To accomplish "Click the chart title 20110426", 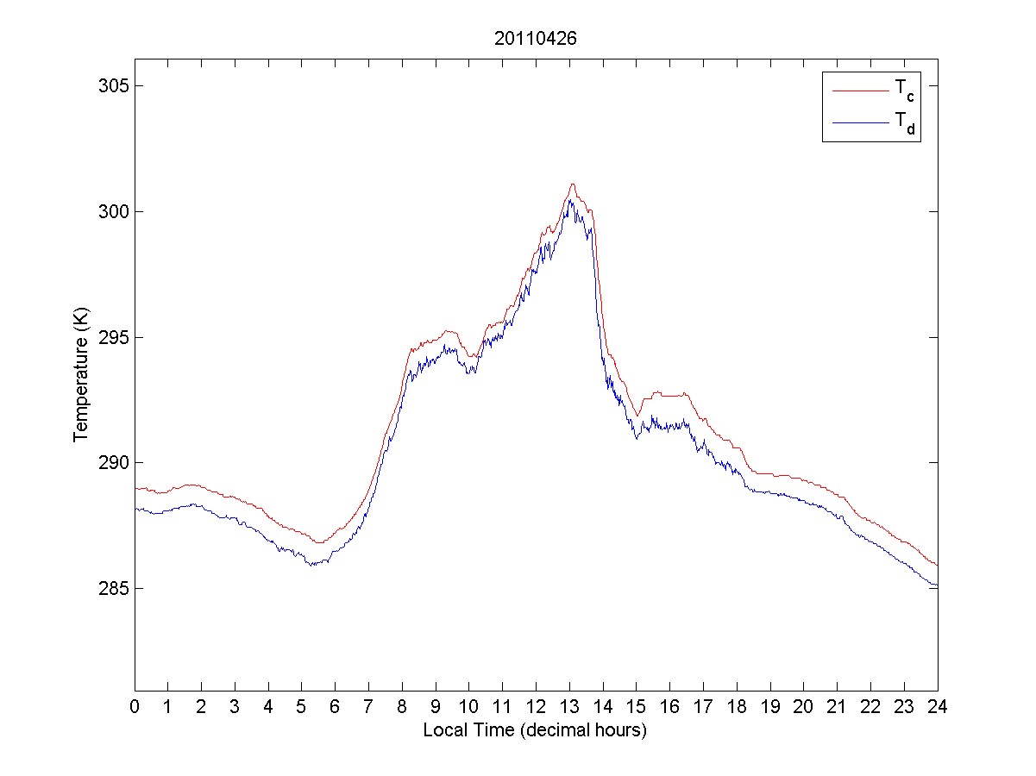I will (535, 39).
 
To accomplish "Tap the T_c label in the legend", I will (903, 89).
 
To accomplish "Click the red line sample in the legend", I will (860, 89).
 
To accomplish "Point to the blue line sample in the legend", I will (860, 123).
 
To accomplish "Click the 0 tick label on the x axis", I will (135, 706).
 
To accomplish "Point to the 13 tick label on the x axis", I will (569, 706).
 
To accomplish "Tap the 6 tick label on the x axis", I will (336, 706).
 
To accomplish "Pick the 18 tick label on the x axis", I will (737, 706).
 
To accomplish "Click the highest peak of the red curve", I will (572, 184).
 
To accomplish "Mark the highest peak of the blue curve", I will (570, 200).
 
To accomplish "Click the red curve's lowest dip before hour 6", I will (318, 542).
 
